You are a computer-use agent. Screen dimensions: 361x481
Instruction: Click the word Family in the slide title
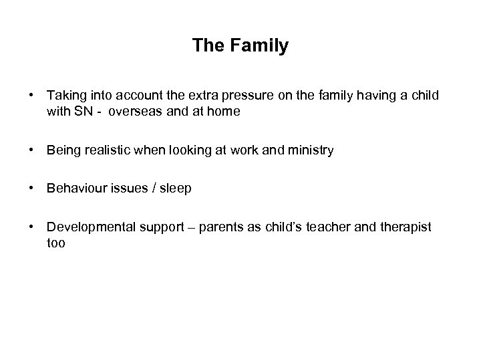pos(257,46)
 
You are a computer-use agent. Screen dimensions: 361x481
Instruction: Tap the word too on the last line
pos(56,244)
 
